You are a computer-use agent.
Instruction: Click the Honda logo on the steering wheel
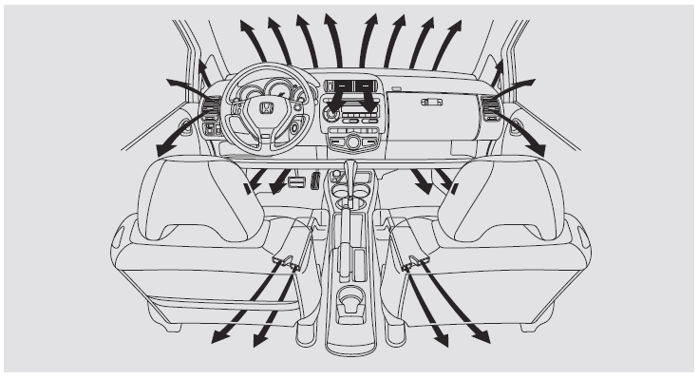tap(265, 109)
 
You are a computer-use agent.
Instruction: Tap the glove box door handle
tap(432, 101)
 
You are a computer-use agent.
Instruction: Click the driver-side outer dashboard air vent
tap(211, 107)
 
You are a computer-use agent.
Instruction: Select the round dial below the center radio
tap(353, 142)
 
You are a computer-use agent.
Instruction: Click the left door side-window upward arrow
tap(202, 65)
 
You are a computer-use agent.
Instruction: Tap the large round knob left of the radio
tap(331, 116)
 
